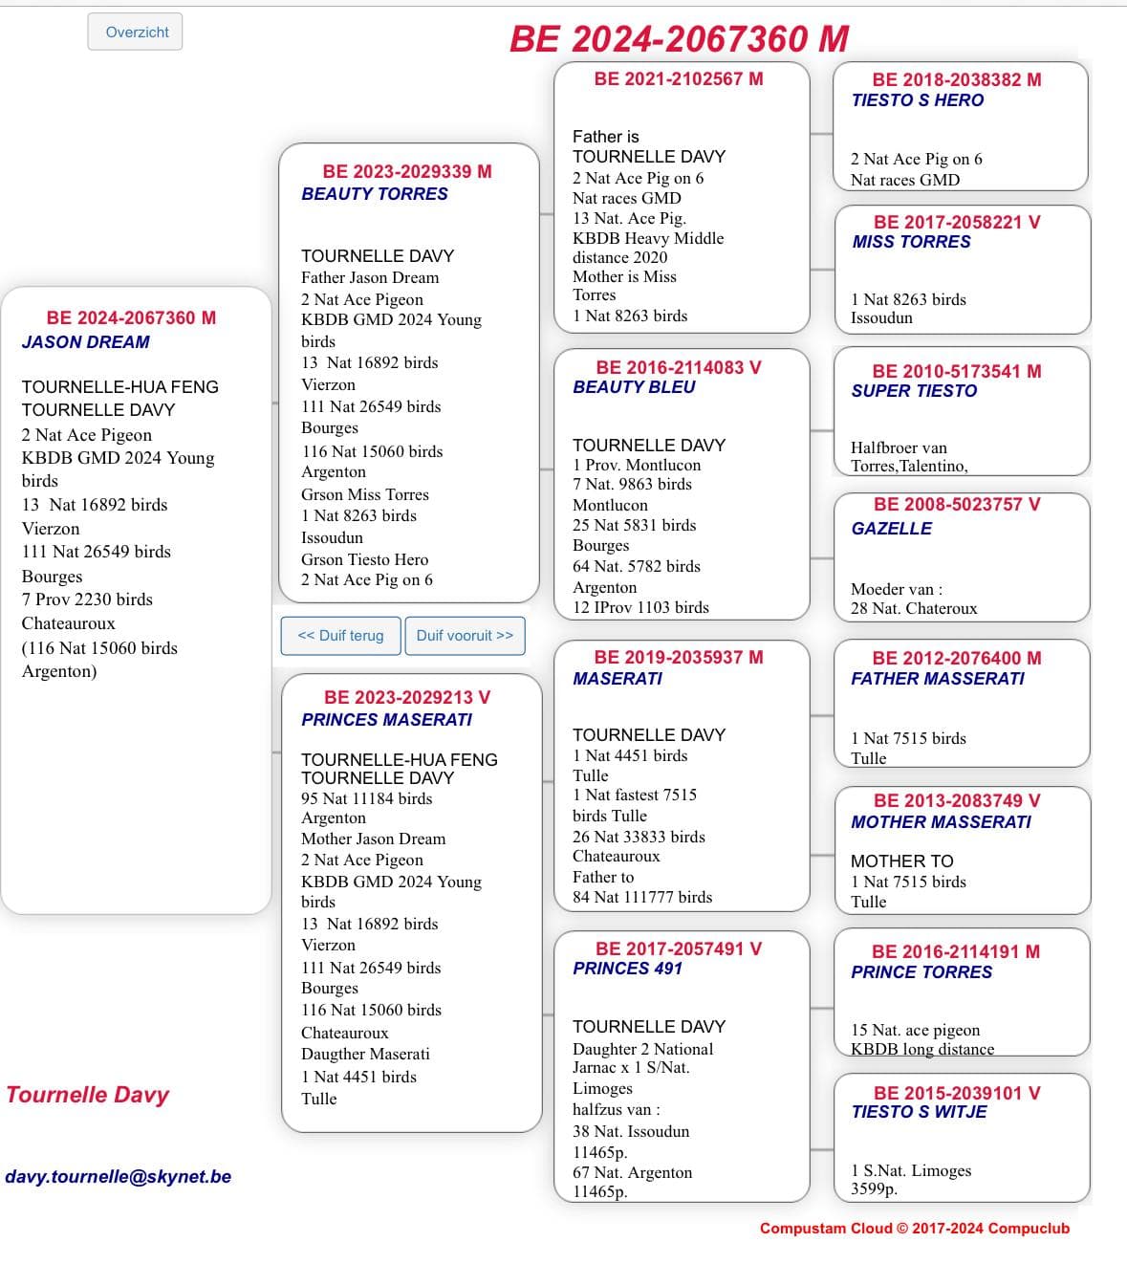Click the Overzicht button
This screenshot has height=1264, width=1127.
(x=136, y=33)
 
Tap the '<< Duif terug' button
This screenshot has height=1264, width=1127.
(x=340, y=636)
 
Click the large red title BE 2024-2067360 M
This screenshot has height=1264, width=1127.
(x=679, y=39)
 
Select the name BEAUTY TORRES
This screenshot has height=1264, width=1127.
(x=374, y=194)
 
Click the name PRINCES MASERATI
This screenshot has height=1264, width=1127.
(x=386, y=720)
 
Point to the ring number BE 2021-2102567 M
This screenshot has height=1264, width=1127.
(x=679, y=79)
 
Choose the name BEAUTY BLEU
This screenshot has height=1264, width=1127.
(x=634, y=387)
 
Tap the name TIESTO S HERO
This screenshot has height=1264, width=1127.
(x=917, y=100)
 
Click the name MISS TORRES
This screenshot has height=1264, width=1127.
(x=911, y=242)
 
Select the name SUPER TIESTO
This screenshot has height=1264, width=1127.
(x=914, y=391)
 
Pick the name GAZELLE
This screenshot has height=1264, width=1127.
(x=891, y=529)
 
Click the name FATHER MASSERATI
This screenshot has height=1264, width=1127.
(x=937, y=679)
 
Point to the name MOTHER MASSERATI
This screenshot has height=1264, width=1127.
(x=941, y=822)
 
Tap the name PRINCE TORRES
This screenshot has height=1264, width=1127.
(x=921, y=972)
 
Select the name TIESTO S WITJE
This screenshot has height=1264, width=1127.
(x=919, y=1112)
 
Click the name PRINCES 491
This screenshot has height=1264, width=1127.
(x=627, y=969)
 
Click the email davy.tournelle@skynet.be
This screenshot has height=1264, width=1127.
(x=119, y=1177)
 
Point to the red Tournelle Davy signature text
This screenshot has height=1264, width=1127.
(x=88, y=1095)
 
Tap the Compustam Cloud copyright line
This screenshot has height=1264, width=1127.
(x=914, y=1229)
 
